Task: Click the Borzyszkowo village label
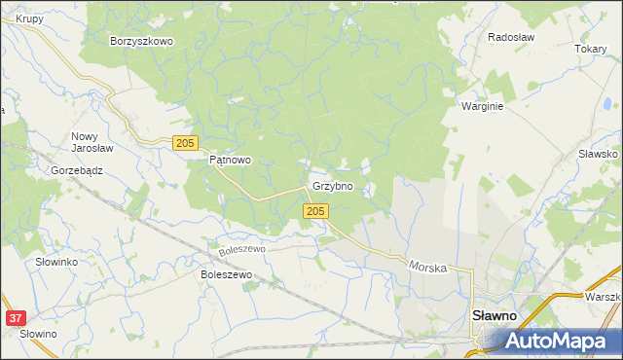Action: [x=141, y=41]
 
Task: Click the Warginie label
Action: [x=482, y=106]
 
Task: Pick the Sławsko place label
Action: [x=598, y=154]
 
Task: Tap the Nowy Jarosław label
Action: [x=93, y=143]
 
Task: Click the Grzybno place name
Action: [x=332, y=185]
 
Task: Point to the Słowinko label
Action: [x=56, y=263]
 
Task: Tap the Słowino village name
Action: [x=38, y=334]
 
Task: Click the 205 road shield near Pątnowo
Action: [x=185, y=143]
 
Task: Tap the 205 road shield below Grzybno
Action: [x=313, y=211]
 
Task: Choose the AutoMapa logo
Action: [x=552, y=341]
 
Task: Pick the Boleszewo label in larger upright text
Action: [x=226, y=275]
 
